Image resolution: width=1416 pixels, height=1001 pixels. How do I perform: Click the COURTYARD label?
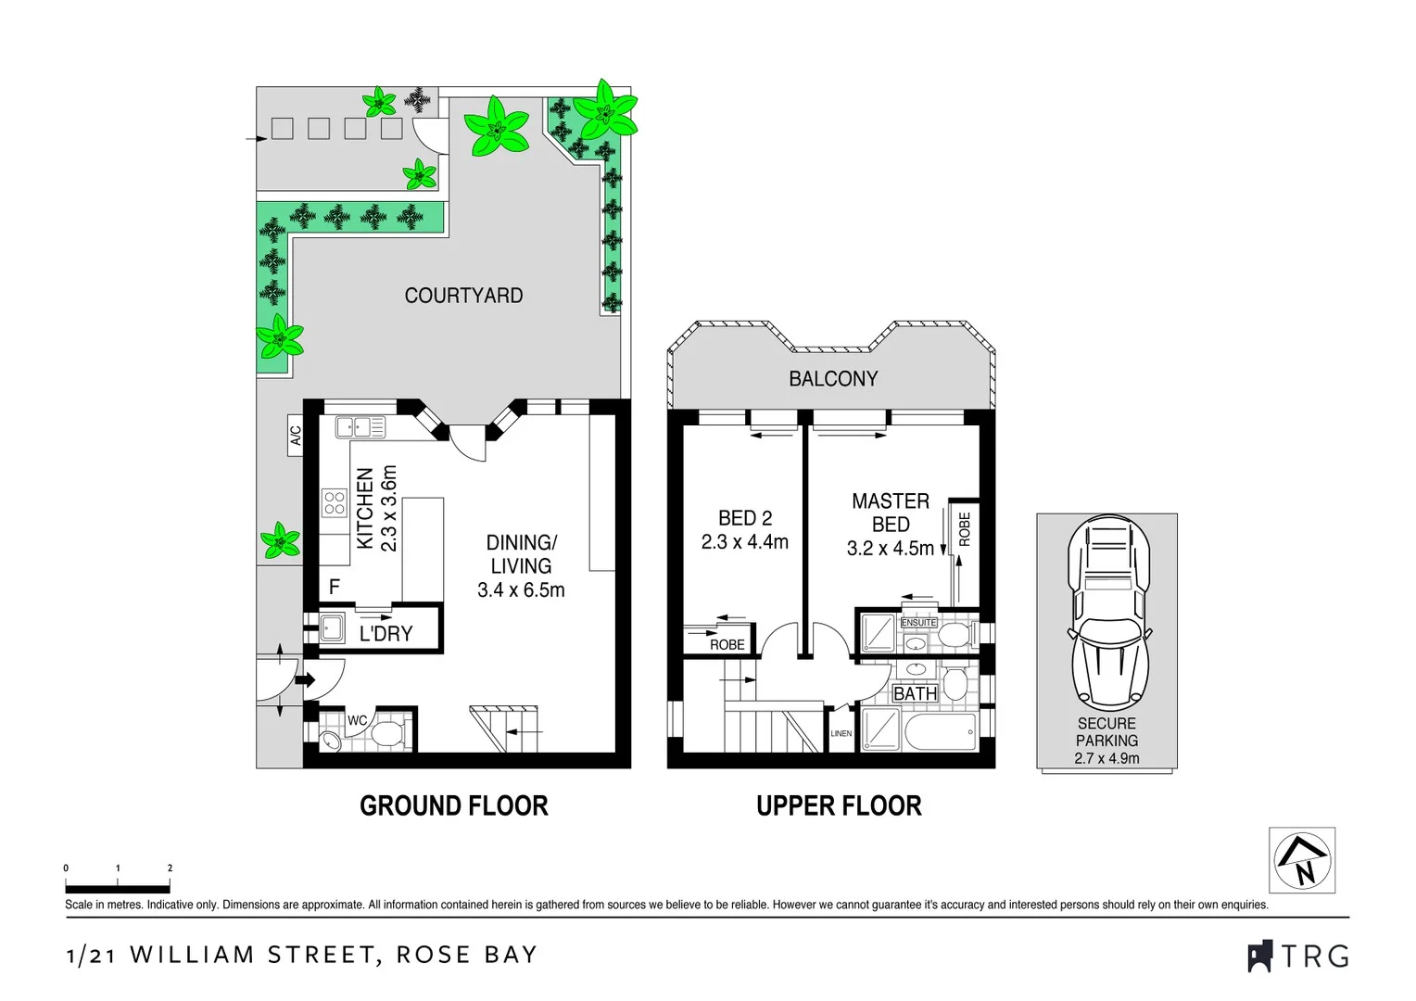click(x=463, y=296)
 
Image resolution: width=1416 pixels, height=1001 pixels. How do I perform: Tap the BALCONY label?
click(x=832, y=378)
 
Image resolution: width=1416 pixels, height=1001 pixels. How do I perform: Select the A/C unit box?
click(x=296, y=435)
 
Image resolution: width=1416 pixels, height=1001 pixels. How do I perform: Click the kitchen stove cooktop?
click(x=334, y=503)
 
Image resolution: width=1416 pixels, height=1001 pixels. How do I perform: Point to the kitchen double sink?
click(x=360, y=426)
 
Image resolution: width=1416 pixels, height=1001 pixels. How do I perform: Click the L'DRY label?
click(x=386, y=634)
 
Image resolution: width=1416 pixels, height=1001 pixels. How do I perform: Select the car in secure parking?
click(x=1107, y=614)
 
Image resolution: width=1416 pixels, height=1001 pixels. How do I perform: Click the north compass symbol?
click(x=1302, y=860)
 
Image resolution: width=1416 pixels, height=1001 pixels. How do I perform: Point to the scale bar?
click(x=118, y=889)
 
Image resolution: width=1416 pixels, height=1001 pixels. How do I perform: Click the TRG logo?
click(x=1298, y=956)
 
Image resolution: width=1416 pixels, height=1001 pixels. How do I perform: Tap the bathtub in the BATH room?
click(x=940, y=732)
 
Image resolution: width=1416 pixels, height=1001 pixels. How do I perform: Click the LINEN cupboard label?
click(x=841, y=733)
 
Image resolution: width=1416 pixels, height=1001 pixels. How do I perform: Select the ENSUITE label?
click(x=918, y=622)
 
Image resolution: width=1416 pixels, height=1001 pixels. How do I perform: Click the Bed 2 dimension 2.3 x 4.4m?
click(x=744, y=542)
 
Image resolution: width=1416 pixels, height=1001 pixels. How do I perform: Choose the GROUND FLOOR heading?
click(x=453, y=805)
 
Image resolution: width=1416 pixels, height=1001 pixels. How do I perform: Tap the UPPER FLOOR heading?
click(x=839, y=805)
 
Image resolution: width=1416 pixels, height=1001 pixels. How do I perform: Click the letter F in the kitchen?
click(x=335, y=586)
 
